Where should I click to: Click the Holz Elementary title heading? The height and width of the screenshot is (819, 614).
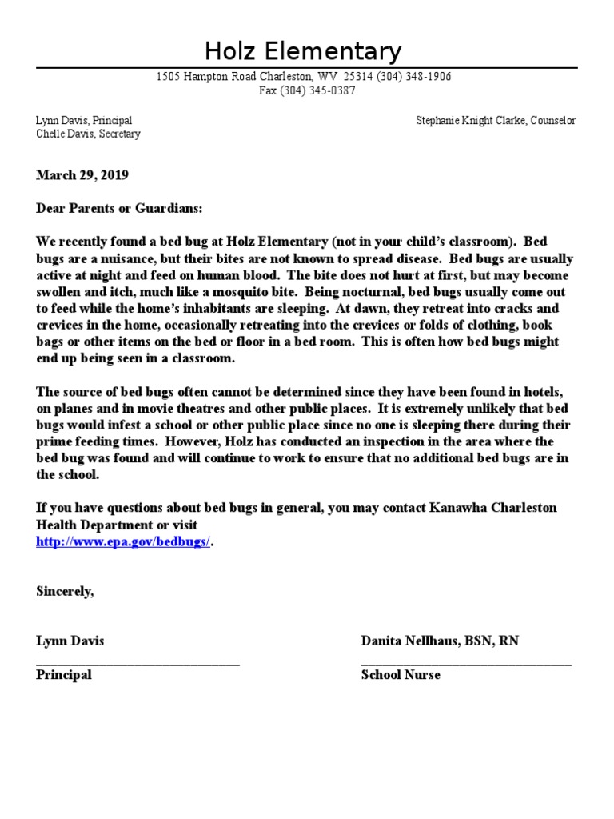click(x=303, y=52)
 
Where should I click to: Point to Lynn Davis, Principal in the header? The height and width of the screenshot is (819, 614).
click(x=84, y=120)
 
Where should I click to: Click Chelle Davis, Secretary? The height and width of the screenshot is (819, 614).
click(x=88, y=134)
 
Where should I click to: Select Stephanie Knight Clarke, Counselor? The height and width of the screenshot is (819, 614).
click(x=495, y=120)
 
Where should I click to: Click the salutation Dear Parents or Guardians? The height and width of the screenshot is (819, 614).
click(x=119, y=208)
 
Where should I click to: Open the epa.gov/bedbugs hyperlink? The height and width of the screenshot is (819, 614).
click(x=124, y=541)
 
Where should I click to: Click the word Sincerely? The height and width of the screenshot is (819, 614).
click(x=65, y=591)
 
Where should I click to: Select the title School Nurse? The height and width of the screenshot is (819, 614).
click(x=401, y=675)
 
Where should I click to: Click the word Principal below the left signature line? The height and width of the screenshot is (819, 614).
click(x=63, y=675)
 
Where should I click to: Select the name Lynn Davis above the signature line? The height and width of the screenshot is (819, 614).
click(x=70, y=641)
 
